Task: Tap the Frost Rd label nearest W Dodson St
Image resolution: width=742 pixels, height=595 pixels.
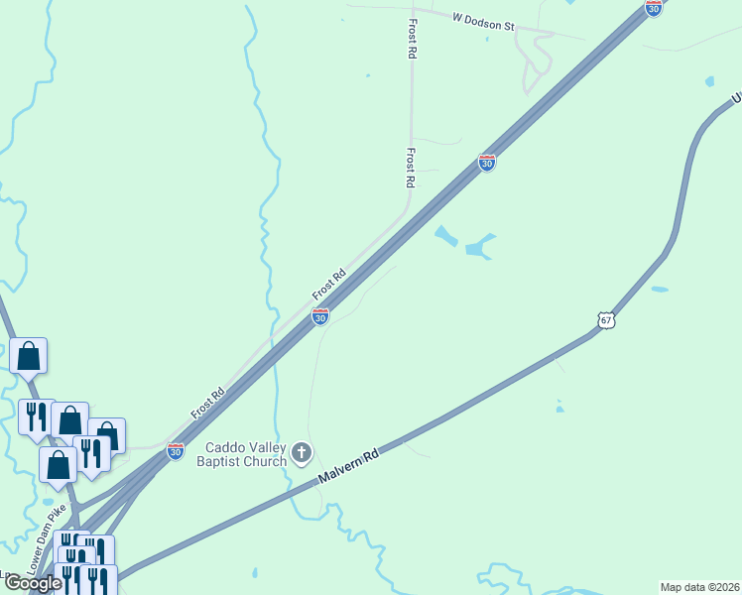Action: [x=411, y=38]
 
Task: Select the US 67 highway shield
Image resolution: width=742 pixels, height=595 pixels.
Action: [x=607, y=320]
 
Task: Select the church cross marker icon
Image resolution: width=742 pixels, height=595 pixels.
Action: [x=303, y=454]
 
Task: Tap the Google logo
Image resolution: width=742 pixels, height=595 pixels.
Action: [x=32, y=583]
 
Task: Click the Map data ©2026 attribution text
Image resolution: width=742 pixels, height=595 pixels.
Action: [x=699, y=587]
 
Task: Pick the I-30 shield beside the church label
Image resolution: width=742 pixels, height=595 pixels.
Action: [x=176, y=451]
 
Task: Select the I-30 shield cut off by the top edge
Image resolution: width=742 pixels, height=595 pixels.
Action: [x=653, y=7]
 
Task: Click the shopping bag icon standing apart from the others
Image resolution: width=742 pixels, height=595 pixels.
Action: [x=29, y=356]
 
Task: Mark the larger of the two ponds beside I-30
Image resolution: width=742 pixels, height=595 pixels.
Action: [x=480, y=247]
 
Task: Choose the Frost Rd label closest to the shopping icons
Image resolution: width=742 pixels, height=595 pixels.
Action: [x=207, y=401]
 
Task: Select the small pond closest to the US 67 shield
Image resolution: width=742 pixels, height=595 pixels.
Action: [x=660, y=290]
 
